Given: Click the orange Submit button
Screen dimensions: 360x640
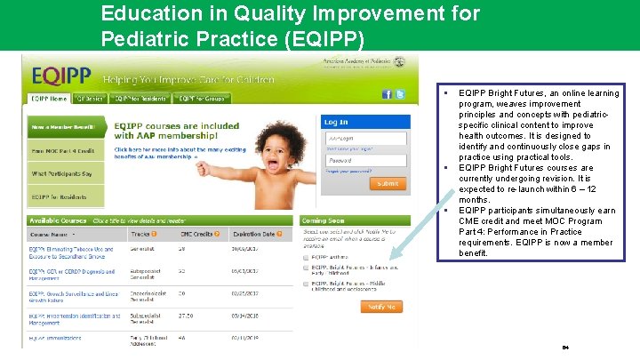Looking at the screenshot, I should [388, 183].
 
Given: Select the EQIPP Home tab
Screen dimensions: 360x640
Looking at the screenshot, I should [50, 99].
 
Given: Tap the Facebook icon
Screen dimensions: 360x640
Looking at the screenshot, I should [388, 94].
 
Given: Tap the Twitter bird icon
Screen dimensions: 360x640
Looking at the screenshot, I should [401, 94].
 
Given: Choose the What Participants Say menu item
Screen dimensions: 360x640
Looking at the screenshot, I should [62, 173].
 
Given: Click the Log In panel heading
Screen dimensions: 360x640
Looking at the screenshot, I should [336, 122].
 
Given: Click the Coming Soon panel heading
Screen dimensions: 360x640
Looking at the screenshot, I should [324, 220].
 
